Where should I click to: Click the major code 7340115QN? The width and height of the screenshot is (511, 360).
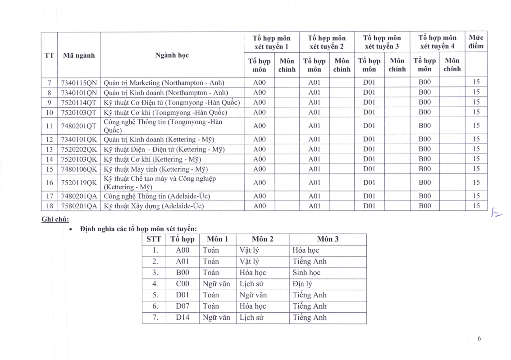coord(79,82)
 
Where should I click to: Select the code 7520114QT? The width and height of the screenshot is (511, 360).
coord(79,102)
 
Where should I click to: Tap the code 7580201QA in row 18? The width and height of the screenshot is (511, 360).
coord(79,206)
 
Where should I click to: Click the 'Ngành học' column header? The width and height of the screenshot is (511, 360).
coord(172,55)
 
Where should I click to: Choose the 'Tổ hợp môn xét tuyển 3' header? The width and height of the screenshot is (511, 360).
coord(382,42)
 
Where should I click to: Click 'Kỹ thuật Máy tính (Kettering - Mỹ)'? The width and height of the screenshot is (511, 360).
coord(156,169)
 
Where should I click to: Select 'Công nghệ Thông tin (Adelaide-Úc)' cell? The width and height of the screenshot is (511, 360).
coord(157,196)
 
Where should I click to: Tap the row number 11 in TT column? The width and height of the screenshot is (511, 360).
coord(50,126)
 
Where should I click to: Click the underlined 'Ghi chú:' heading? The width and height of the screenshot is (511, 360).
coord(55,219)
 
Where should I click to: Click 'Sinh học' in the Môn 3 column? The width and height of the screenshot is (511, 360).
coord(306,273)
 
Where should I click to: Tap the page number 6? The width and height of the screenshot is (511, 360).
coord(479,339)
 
